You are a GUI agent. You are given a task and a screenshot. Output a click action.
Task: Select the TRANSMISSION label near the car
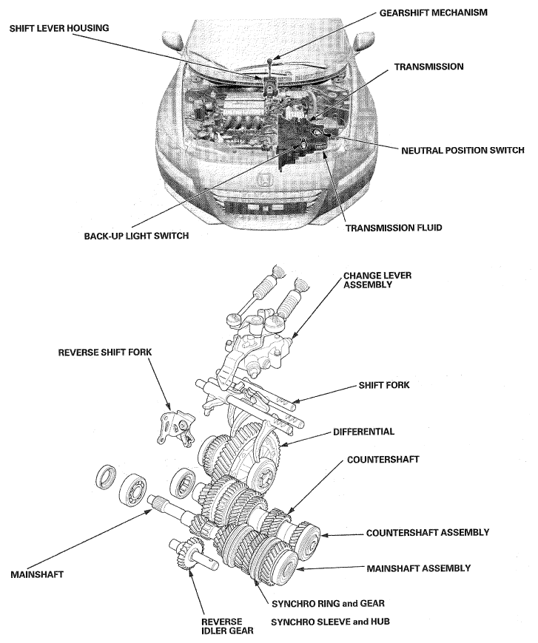tap(428, 67)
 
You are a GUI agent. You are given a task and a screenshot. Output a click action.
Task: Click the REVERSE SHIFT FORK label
tap(104, 353)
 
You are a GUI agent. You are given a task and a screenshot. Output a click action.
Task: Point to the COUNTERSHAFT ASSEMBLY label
tap(428, 532)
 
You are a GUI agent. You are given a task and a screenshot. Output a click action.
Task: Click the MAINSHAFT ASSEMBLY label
tap(419, 568)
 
